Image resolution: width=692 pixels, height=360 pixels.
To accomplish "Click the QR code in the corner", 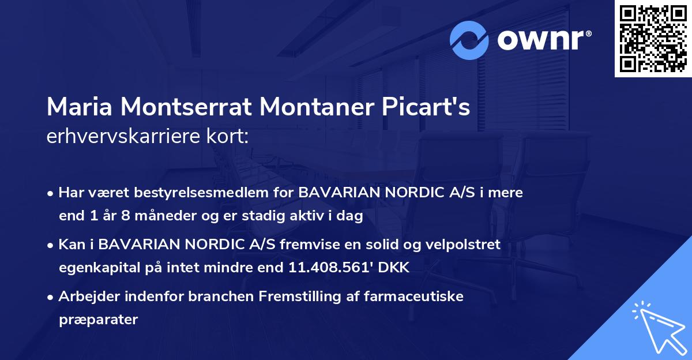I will click(653, 39).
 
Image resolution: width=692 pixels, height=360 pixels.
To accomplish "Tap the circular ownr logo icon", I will click(469, 40).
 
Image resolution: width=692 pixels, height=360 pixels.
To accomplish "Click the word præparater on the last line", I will click(99, 320).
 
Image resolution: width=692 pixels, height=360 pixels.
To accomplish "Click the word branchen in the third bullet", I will click(224, 297).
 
